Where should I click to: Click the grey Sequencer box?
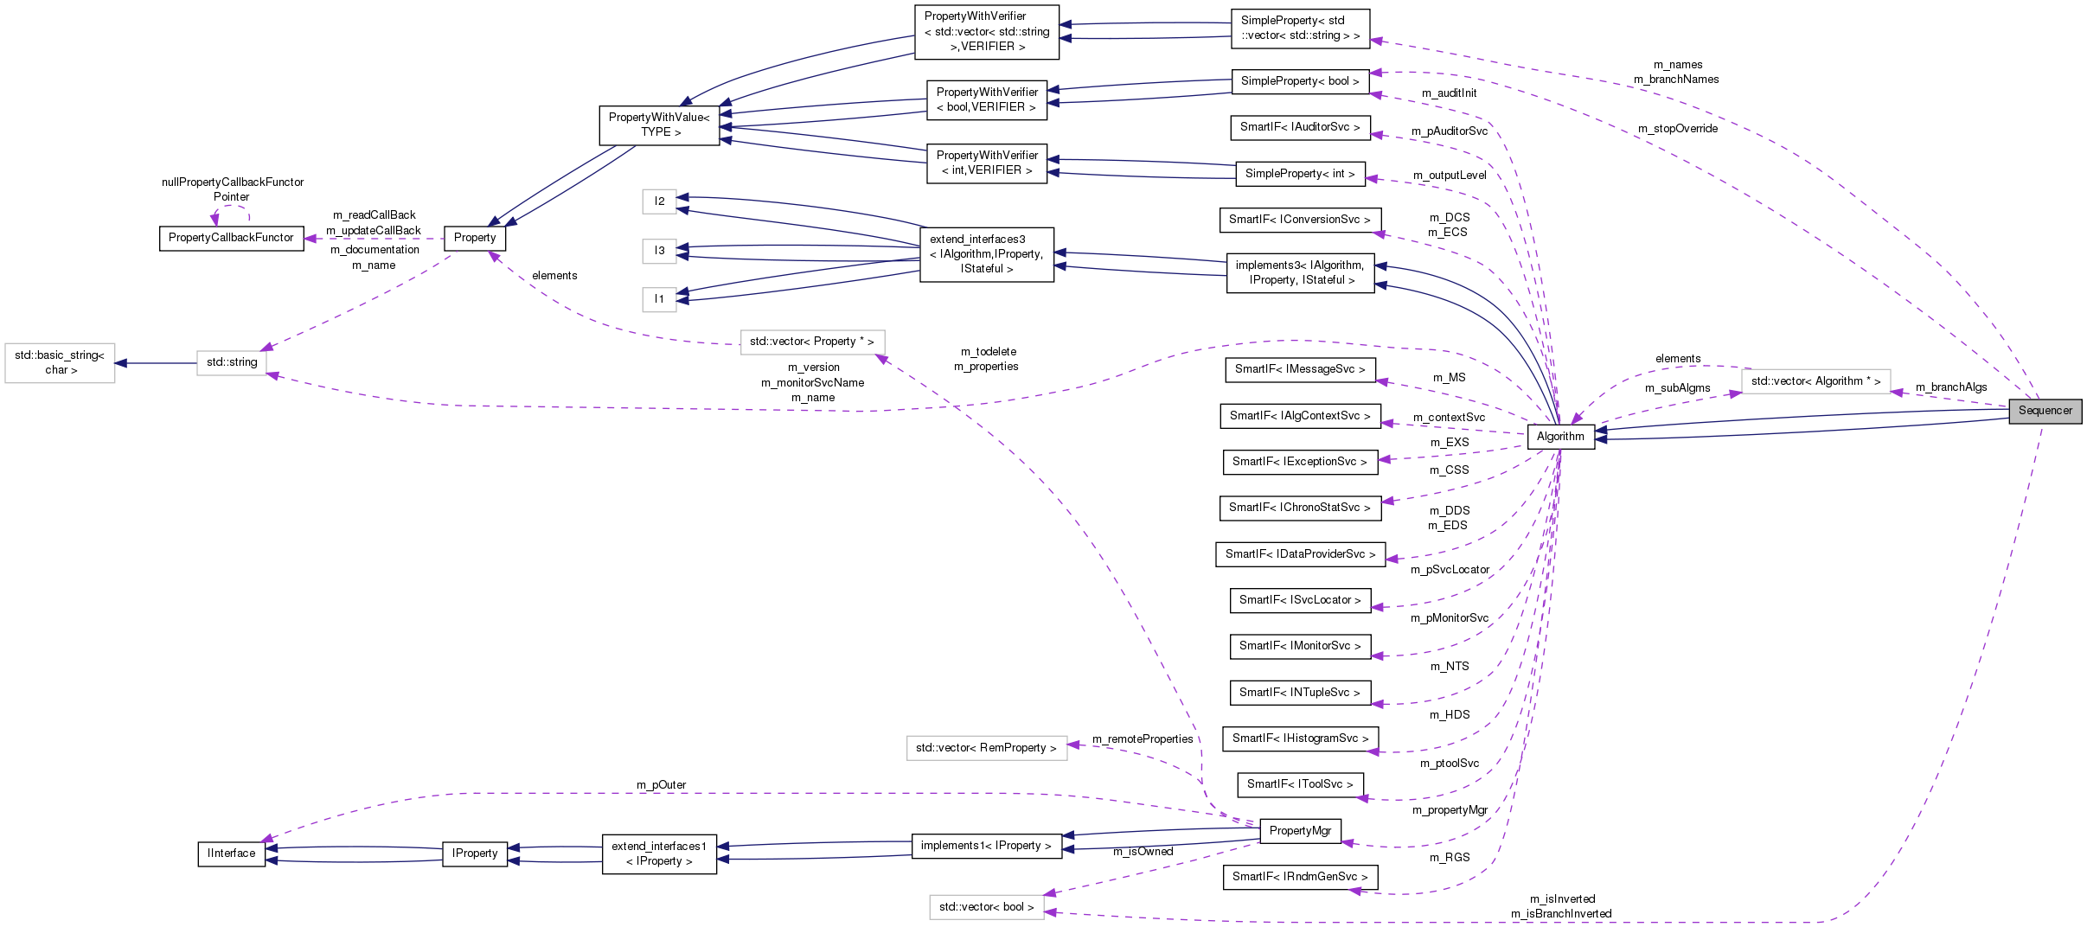click(2045, 411)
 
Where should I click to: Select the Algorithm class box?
click(1560, 437)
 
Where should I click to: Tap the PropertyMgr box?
click(1300, 831)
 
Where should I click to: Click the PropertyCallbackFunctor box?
click(231, 238)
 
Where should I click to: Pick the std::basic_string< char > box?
click(60, 362)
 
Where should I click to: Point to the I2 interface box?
click(659, 201)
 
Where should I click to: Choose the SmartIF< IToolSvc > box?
click(1300, 784)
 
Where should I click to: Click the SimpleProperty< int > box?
click(1300, 174)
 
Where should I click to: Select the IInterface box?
click(231, 853)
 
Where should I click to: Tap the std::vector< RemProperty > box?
click(986, 748)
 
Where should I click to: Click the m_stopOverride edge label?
click(1677, 129)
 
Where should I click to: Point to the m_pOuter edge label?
click(661, 785)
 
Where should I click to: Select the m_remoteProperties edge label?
click(1142, 739)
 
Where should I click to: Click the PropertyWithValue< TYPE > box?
click(659, 125)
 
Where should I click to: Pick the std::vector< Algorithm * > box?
click(1815, 381)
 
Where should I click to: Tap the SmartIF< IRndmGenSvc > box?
click(1300, 877)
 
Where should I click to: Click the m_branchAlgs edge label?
click(1950, 387)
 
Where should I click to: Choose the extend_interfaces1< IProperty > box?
click(659, 853)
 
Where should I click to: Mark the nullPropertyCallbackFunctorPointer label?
click(232, 189)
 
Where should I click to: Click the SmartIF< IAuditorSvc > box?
click(1300, 127)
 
